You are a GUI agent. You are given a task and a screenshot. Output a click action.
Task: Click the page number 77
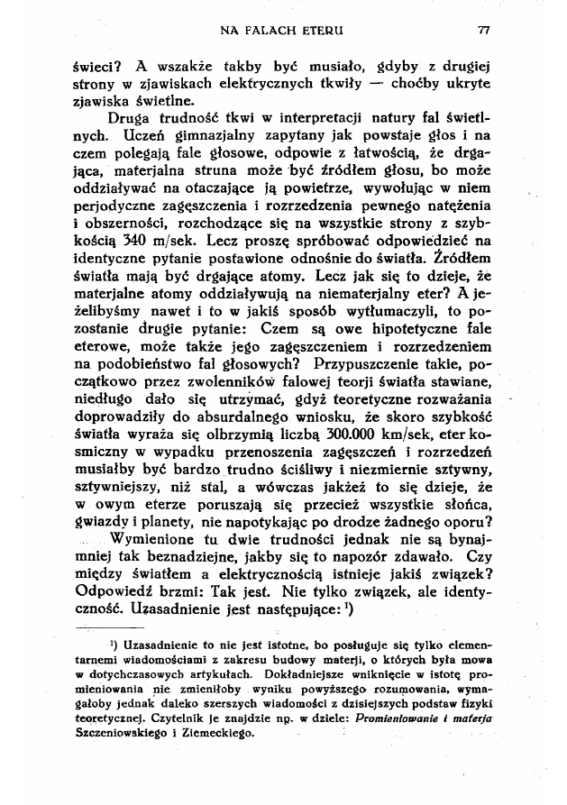(x=484, y=30)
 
